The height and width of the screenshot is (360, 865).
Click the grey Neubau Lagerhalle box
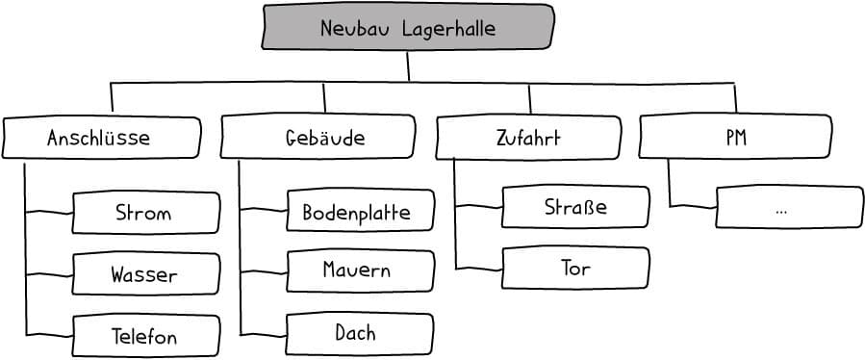[408, 27]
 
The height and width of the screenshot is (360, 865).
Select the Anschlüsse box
[101, 138]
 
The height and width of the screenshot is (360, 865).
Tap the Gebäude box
[318, 138]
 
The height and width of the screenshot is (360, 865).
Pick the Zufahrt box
[528, 138]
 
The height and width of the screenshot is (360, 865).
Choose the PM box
[735, 137]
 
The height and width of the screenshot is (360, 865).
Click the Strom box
[145, 213]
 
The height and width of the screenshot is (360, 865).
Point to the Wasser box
[145, 274]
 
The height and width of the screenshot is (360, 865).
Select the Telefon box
[145, 336]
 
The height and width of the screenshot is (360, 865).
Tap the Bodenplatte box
[360, 211]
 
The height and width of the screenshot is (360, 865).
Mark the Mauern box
[360, 270]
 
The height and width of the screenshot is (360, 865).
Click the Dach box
[360, 333]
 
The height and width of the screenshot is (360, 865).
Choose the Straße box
[575, 207]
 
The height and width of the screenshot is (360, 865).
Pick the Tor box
[575, 268]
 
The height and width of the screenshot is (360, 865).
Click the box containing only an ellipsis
[789, 207]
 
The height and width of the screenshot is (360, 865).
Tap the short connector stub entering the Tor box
[479, 269]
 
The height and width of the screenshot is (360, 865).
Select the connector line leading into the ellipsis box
[693, 206]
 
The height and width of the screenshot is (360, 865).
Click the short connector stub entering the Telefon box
[50, 336]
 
